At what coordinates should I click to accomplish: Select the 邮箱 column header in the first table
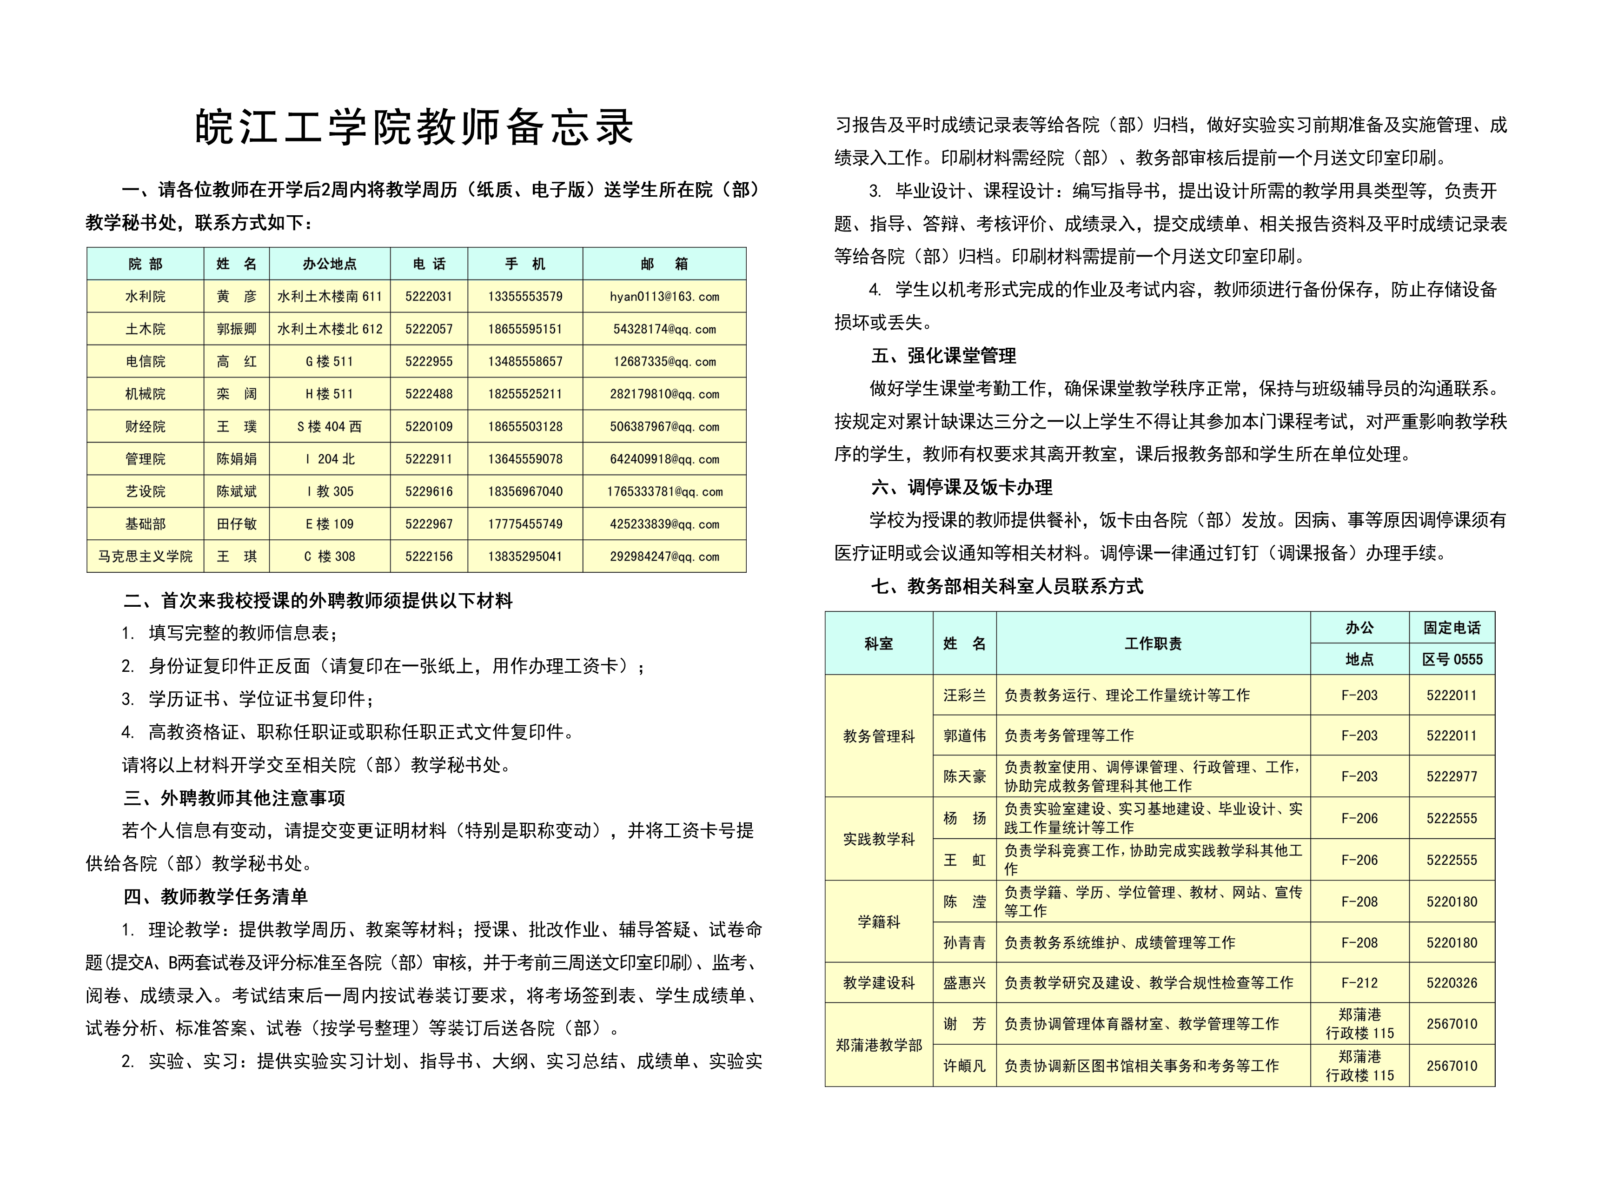point(664,264)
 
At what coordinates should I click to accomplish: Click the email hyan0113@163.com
point(664,297)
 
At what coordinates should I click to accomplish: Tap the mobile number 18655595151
point(525,329)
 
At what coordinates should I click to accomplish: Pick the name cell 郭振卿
point(236,329)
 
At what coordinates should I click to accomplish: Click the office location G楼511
point(330,361)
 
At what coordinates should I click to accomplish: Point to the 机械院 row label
point(145,393)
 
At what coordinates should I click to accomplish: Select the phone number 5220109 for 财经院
point(429,426)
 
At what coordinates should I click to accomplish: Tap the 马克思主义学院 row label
point(145,557)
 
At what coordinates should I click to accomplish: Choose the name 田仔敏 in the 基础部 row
point(236,524)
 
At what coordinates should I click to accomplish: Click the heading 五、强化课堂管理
point(943,355)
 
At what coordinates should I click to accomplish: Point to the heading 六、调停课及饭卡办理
point(961,488)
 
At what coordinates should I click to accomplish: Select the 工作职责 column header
point(1152,643)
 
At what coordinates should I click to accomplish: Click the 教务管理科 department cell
point(879,736)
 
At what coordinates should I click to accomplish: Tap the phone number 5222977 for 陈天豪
point(1452,776)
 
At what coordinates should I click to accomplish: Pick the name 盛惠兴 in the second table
point(964,983)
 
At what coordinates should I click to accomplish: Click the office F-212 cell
point(1359,983)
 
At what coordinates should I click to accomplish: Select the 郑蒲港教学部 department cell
point(879,1045)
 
